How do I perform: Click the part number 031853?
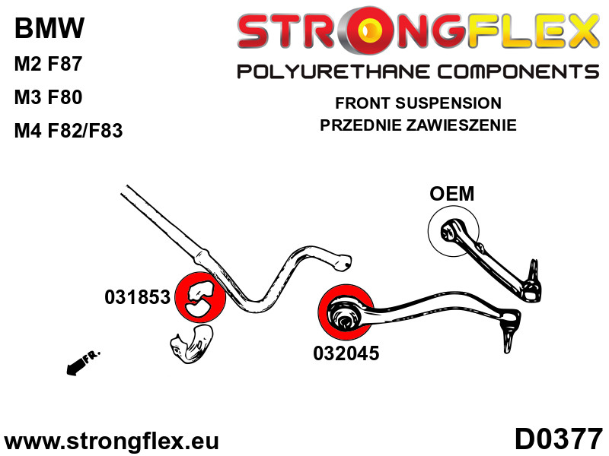[137, 298]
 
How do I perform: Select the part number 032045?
[345, 353]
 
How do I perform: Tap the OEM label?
[451, 194]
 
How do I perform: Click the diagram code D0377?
[558, 439]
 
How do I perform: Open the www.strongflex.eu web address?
[111, 441]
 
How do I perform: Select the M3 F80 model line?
[48, 97]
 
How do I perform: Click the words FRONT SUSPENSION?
[418, 103]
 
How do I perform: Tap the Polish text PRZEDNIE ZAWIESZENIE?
[418, 125]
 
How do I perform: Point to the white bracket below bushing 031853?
[192, 343]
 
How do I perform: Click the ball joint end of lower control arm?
[509, 331]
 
